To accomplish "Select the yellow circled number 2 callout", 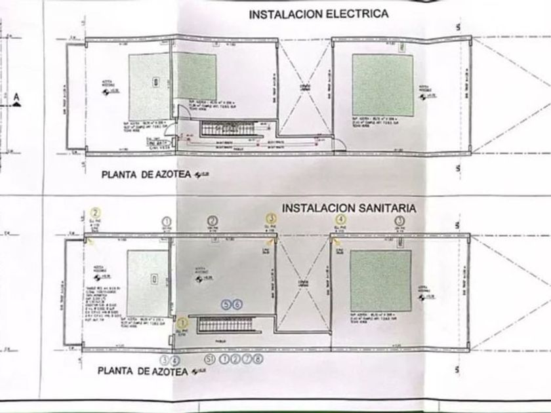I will (x=96, y=212).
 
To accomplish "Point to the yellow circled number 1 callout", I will (x=182, y=322).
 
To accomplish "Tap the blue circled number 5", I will (x=227, y=304).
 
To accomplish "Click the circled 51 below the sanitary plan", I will (x=209, y=359).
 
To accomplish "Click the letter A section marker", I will (x=18, y=99).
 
